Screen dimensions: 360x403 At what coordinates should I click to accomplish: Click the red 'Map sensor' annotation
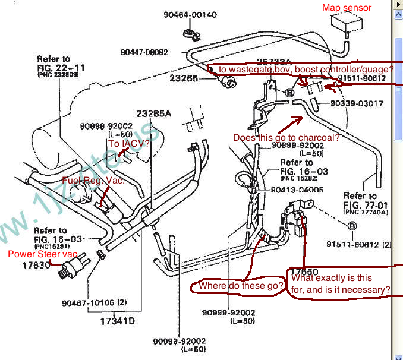click(347, 8)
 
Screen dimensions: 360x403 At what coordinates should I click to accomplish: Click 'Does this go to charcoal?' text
click(286, 138)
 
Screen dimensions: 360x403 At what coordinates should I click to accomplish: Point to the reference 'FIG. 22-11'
click(59, 68)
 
